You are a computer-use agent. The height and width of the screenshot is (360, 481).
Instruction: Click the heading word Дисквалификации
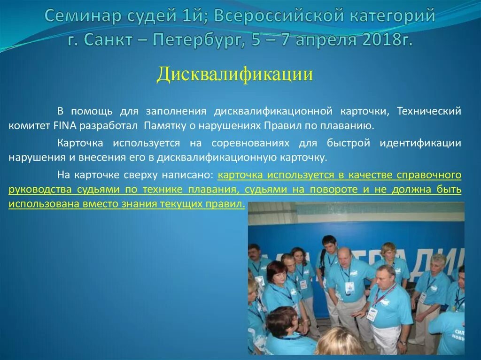tap(235, 74)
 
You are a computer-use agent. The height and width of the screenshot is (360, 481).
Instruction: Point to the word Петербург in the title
tap(193, 40)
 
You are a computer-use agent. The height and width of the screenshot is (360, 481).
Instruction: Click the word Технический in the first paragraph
tap(428, 111)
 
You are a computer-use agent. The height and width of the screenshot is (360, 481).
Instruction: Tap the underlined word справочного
tap(429, 175)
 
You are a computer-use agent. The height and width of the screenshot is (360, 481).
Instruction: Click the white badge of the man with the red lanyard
tap(372, 314)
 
